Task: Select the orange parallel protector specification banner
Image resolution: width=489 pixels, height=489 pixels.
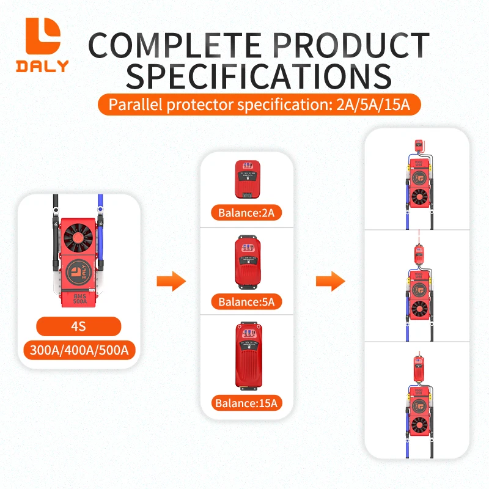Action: click(x=259, y=105)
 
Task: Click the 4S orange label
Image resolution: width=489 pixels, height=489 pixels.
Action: click(x=78, y=326)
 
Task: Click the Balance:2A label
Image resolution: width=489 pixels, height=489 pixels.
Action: click(x=248, y=213)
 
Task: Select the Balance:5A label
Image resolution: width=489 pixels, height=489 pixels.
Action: click(x=248, y=301)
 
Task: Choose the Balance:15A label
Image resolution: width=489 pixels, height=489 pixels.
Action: click(x=248, y=403)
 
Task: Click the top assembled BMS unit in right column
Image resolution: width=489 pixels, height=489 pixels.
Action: click(x=418, y=183)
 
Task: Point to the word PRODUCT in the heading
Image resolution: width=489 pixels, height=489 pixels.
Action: click(x=346, y=46)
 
